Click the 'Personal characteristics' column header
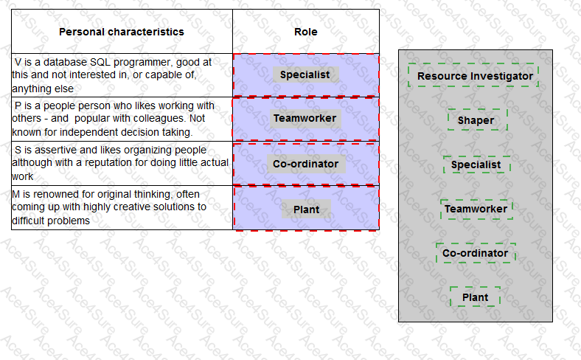[122, 32]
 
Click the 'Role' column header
[306, 32]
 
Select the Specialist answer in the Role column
[305, 75]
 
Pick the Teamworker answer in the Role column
[305, 118]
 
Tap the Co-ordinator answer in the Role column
[305, 164]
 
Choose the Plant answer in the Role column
[306, 210]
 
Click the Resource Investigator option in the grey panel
[475, 76]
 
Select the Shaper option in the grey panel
[476, 120]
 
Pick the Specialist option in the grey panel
[476, 165]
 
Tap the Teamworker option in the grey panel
[476, 209]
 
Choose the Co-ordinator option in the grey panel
[475, 253]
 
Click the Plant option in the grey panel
[475, 297]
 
